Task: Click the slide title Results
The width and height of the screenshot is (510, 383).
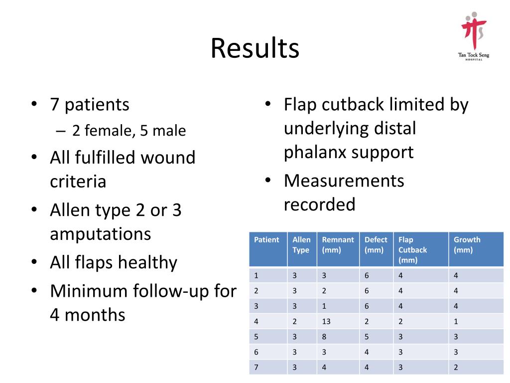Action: click(255, 48)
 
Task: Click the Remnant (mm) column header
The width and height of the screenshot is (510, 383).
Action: click(338, 245)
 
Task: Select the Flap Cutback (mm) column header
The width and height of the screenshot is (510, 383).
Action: click(413, 250)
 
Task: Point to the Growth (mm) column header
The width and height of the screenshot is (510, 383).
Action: click(467, 245)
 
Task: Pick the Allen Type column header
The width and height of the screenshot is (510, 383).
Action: click(301, 245)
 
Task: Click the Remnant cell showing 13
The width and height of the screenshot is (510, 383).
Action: click(326, 322)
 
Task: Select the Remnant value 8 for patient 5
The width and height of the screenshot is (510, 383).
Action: click(324, 337)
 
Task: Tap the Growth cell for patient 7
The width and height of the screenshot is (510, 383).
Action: click(456, 368)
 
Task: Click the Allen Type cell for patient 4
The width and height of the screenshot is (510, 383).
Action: click(295, 322)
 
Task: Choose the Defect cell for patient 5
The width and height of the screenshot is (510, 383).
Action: click(367, 337)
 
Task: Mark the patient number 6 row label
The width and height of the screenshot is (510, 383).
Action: click(256, 352)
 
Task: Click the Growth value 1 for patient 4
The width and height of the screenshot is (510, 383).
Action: click(456, 322)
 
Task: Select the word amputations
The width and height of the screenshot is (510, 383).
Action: click(100, 234)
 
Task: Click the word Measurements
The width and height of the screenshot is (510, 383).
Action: click(344, 181)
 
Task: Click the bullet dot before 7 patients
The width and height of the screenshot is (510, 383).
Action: click(33, 105)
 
